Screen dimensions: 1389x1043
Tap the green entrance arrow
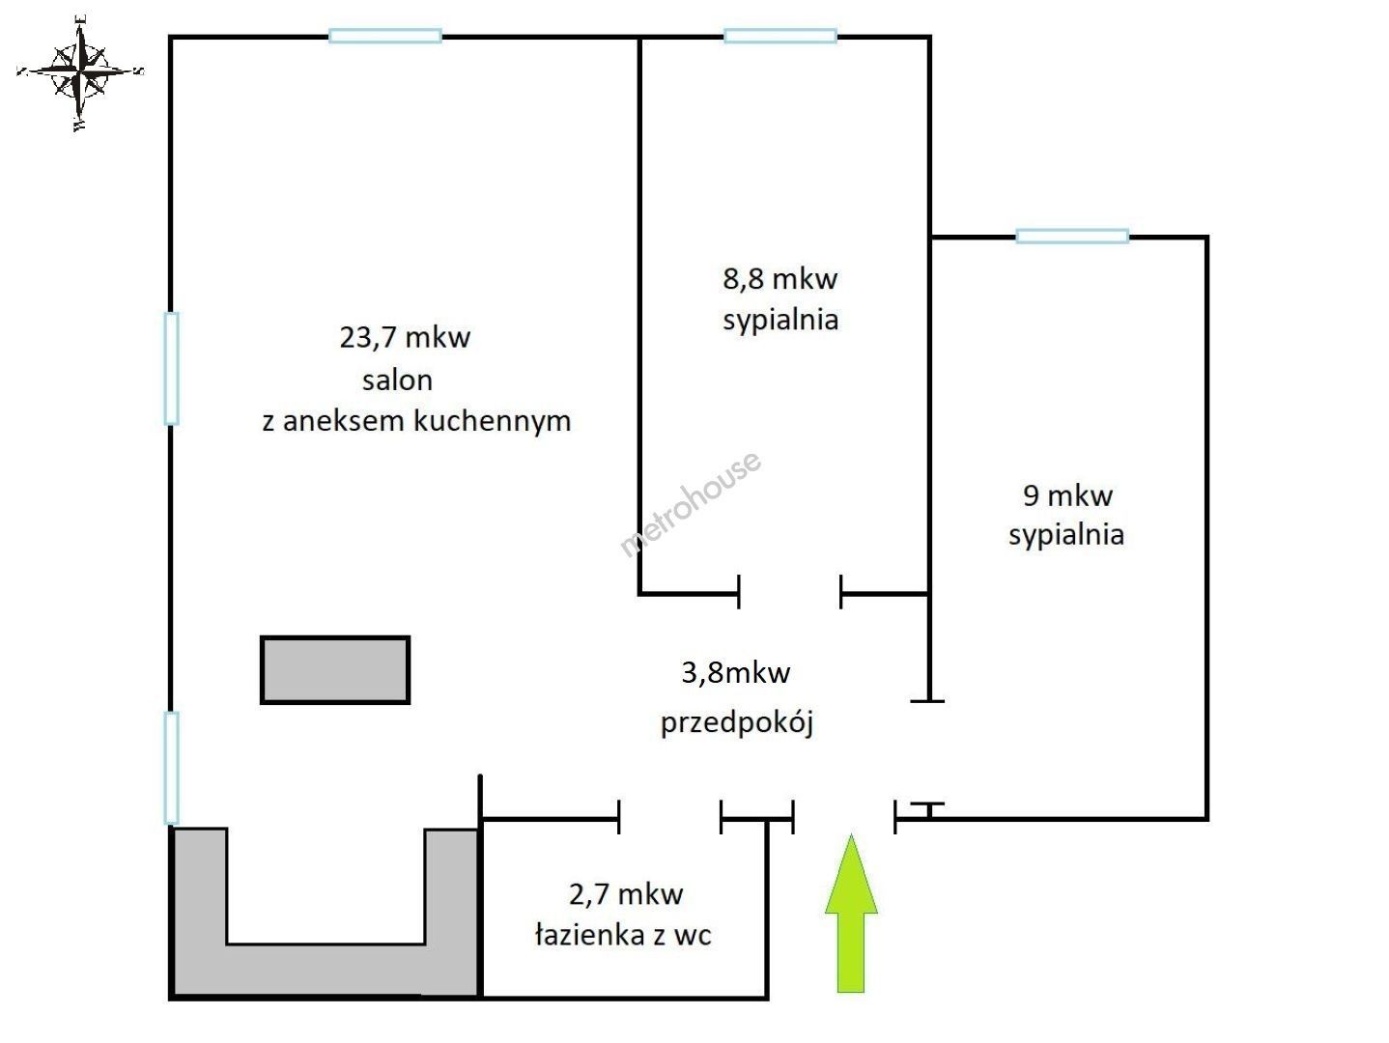tap(851, 914)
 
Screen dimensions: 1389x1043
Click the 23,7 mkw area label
tap(405, 338)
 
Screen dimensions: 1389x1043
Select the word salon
tap(397, 381)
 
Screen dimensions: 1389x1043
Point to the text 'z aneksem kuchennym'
tap(416, 421)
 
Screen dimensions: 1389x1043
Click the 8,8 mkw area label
tap(780, 279)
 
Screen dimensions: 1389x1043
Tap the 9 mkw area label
tap(1067, 495)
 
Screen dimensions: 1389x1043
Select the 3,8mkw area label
tap(736, 672)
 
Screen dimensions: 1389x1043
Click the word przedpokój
tap(737, 722)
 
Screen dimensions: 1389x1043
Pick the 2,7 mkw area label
tap(626, 894)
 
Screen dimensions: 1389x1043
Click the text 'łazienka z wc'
tap(623, 935)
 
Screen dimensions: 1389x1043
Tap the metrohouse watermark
tap(690, 504)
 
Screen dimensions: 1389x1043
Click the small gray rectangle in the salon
tap(335, 670)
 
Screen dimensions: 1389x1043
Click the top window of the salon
tap(385, 36)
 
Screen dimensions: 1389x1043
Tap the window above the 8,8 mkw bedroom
tap(780, 36)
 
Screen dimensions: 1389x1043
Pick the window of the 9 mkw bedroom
tap(1072, 237)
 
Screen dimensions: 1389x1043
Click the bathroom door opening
tap(670, 818)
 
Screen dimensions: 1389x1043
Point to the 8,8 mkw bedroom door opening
tap(790, 593)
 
